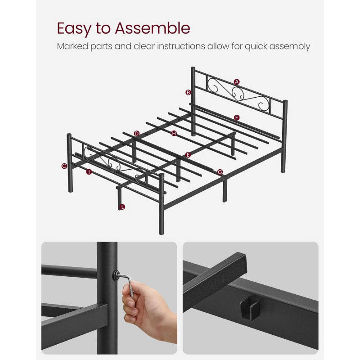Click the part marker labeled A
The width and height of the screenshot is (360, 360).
tap(237, 82)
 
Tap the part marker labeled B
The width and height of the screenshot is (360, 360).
tap(188, 93)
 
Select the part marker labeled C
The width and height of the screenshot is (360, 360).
tap(64, 166)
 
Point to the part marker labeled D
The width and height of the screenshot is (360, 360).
tap(137, 134)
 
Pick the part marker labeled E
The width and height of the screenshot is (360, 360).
tap(188, 155)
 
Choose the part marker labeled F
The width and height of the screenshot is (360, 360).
tap(237, 118)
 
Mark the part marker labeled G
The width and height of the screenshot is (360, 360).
tap(220, 172)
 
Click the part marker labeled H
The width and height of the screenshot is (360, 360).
tap(174, 133)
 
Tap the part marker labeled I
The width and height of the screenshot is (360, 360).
tap(89, 172)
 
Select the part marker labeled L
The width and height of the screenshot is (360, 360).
tap(122, 207)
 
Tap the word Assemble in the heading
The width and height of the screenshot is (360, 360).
tap(153, 28)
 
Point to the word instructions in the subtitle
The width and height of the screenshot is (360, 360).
tap(181, 46)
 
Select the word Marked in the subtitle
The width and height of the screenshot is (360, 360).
tap(72, 46)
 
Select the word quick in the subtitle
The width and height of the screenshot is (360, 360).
tap(256, 46)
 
